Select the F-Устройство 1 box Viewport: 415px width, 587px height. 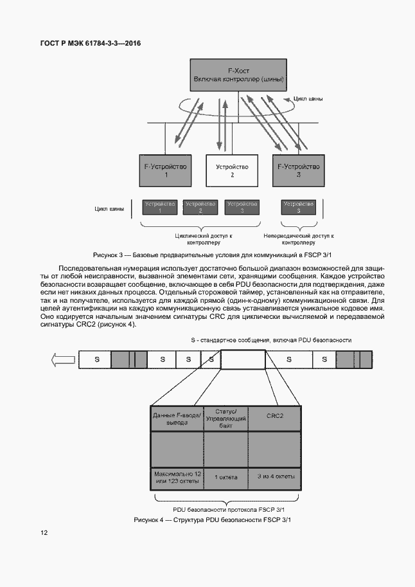tap(166, 170)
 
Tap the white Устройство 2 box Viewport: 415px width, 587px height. tap(232, 170)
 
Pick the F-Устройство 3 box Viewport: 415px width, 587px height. tap(297, 170)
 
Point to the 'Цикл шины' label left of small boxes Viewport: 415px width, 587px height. tap(109, 208)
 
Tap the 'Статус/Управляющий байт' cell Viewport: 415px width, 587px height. tap(225, 416)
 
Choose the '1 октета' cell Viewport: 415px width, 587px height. tap(225, 477)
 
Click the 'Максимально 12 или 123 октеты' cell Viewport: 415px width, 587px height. tap(177, 477)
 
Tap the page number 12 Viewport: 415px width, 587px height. tap(43, 533)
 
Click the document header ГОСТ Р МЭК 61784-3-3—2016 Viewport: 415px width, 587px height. tap(91, 43)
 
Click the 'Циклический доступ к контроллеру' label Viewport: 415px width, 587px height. tap(204, 239)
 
